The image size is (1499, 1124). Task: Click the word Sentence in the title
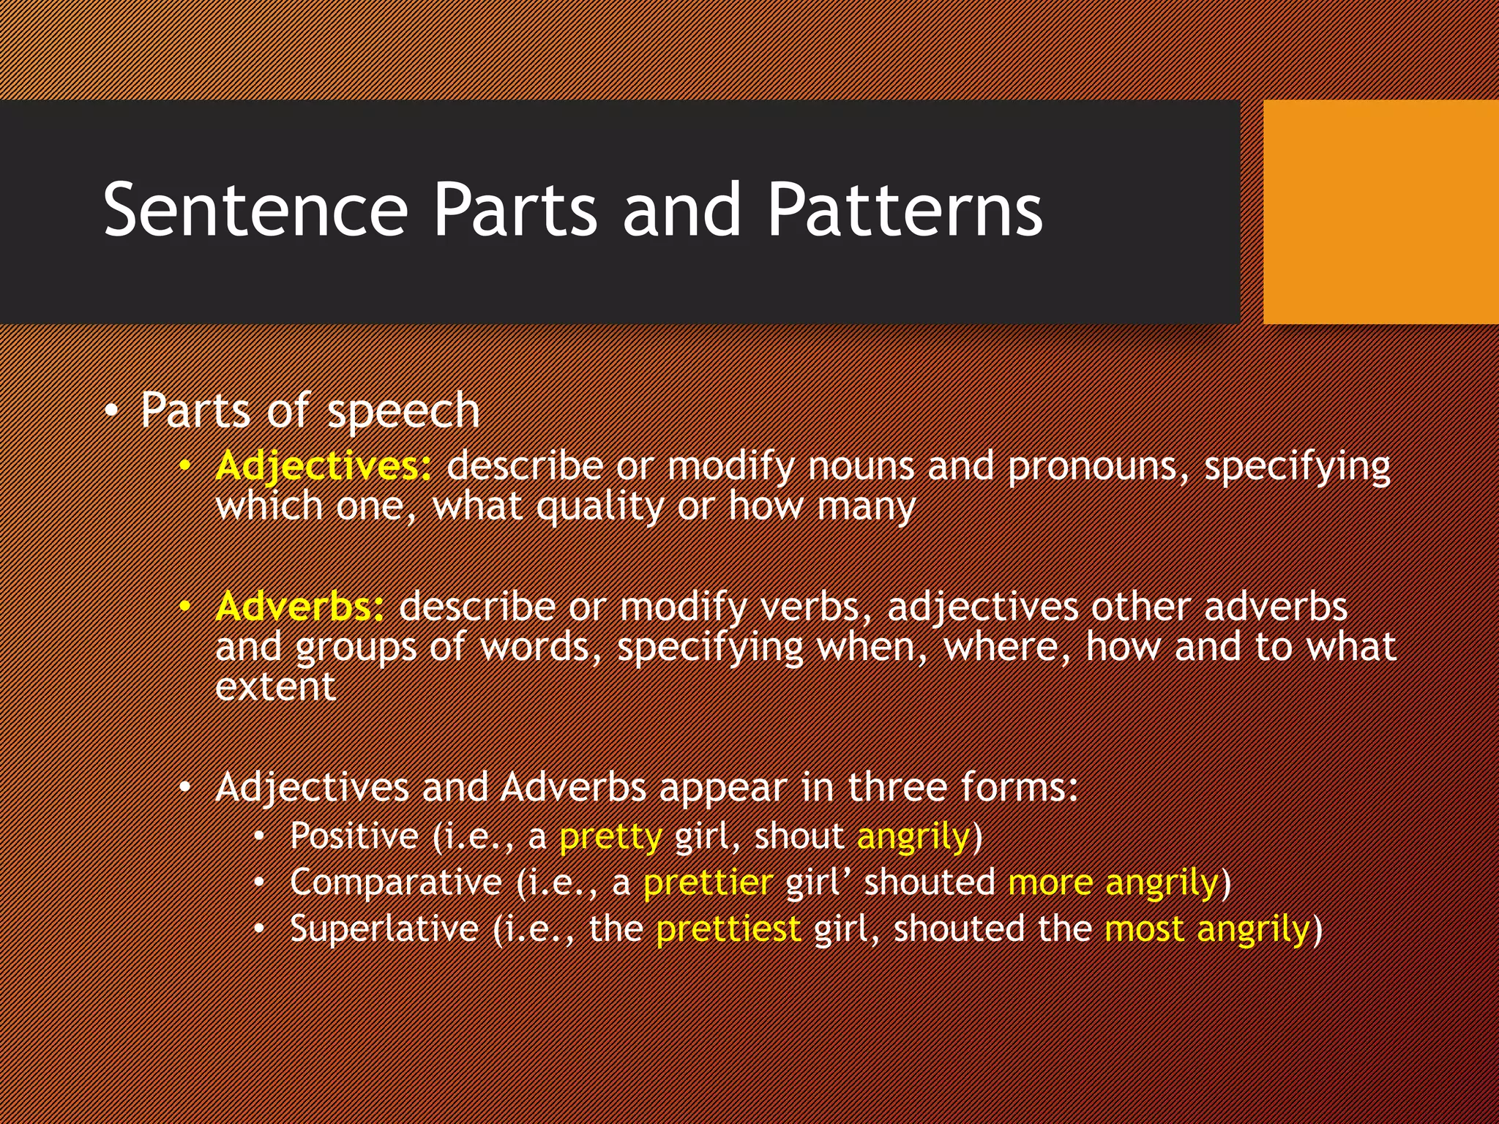[255, 211]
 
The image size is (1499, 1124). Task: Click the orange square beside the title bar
[1380, 212]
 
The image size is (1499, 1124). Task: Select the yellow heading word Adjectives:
[324, 466]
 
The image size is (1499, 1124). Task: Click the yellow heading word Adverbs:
[299, 607]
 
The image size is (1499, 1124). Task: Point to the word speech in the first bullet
[403, 411]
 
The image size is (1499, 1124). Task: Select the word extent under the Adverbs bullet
[275, 687]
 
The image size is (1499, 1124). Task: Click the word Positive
[354, 836]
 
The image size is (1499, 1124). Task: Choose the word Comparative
[395, 883]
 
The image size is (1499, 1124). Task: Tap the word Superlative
[384, 929]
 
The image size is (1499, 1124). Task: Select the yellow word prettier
[708, 883]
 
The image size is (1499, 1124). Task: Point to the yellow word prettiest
[728, 929]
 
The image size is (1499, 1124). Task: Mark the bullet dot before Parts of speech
[110, 412]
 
